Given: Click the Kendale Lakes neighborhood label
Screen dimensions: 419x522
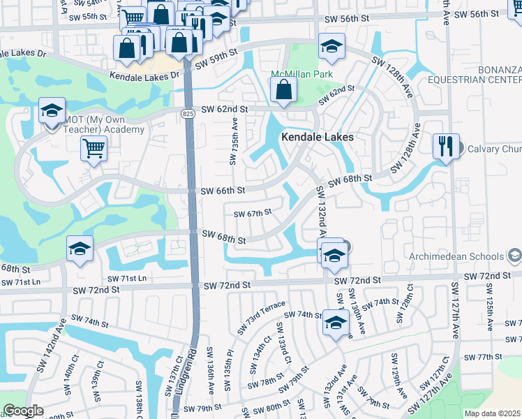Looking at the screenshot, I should [x=318, y=138].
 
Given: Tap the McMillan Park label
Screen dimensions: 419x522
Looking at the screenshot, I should [x=301, y=75].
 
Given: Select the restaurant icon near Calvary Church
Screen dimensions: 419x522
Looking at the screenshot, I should [x=446, y=147].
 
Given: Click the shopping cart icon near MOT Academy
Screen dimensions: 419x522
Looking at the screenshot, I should [x=94, y=148].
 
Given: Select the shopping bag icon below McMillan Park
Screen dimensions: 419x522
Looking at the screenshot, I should [x=283, y=90].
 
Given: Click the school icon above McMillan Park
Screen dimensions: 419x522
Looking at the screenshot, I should [x=330, y=47].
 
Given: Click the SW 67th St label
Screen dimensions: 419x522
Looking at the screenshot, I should [x=252, y=214].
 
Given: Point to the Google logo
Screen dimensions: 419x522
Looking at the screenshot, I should [x=23, y=411].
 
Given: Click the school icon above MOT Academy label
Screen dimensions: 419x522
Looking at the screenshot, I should [x=52, y=112].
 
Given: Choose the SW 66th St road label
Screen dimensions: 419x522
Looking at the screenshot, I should [x=223, y=191].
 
